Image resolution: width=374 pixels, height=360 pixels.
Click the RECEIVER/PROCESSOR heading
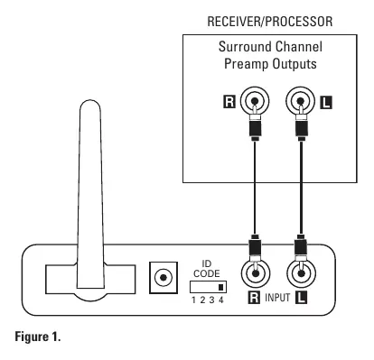click(x=270, y=22)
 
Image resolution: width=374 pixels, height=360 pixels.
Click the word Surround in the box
click(x=245, y=47)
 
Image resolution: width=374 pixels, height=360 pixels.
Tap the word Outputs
click(x=295, y=64)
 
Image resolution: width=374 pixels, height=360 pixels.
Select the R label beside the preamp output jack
click(x=229, y=102)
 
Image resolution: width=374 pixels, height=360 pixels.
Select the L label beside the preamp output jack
click(x=326, y=102)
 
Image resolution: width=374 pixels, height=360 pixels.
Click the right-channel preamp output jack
click(x=255, y=101)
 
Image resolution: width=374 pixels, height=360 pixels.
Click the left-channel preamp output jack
click(x=301, y=101)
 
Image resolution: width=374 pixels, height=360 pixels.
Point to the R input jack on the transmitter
click(x=256, y=273)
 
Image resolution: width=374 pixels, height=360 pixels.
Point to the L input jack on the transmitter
click(x=301, y=273)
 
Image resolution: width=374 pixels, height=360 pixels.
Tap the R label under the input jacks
click(x=254, y=298)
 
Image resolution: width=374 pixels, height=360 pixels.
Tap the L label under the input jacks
click(x=301, y=298)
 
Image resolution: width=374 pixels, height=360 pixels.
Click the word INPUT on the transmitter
click(x=277, y=298)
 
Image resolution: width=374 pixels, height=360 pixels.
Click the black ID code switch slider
click(x=221, y=287)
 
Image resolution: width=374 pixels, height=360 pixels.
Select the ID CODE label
click(x=207, y=269)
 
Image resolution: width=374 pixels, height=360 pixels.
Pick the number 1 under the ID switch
click(x=193, y=300)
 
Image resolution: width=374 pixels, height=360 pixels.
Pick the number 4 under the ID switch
click(x=221, y=300)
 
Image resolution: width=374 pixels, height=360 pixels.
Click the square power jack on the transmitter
click(x=164, y=278)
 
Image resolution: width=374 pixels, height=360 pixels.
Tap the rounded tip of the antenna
click(x=90, y=103)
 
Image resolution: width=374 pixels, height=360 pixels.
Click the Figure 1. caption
click(x=38, y=337)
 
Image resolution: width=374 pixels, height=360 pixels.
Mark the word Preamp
click(x=247, y=64)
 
